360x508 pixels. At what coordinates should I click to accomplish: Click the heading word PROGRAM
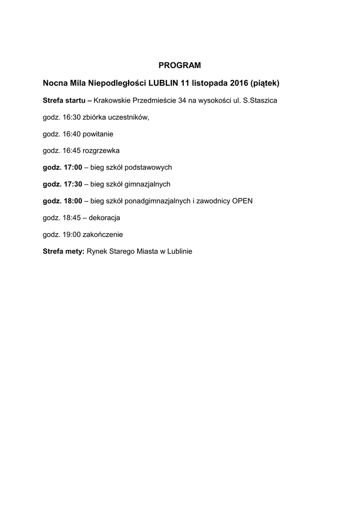tap(180, 65)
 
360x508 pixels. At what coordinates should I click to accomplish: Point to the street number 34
tap(182, 101)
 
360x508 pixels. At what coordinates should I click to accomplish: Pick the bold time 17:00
tap(73, 167)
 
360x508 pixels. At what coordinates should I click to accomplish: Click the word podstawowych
tap(148, 168)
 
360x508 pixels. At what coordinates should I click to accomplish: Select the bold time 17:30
tap(73, 184)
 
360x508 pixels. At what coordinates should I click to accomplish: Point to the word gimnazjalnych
tap(147, 184)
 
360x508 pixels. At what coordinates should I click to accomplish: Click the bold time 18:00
tap(73, 201)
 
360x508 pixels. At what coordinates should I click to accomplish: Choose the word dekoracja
tap(104, 218)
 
